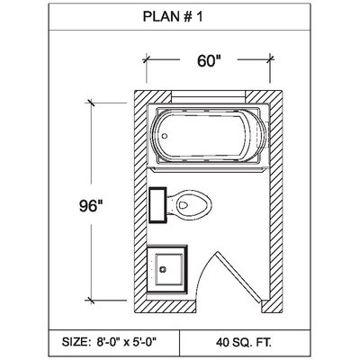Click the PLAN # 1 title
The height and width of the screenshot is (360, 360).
(173, 17)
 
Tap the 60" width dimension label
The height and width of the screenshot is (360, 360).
(209, 61)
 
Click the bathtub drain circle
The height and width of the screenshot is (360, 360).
(165, 136)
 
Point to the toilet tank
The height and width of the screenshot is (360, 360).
(157, 205)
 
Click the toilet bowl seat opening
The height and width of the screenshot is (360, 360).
(184, 205)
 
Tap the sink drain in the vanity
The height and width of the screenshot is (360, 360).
(163, 269)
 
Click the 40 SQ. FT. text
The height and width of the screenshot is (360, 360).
(243, 342)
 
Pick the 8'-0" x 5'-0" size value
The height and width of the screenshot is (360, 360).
(127, 342)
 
